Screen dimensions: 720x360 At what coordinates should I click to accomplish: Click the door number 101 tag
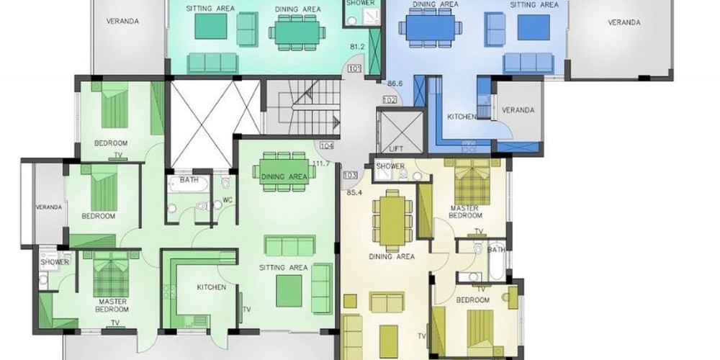354,69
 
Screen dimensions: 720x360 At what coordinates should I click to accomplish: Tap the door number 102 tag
390,99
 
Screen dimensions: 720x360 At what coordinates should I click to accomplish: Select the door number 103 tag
350,175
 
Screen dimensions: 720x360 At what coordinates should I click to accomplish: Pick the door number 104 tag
326,146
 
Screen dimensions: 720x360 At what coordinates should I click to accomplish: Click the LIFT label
396,149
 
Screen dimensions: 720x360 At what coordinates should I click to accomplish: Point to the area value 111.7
322,163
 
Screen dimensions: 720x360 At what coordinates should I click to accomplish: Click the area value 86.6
395,84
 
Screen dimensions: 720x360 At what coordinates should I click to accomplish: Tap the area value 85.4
354,192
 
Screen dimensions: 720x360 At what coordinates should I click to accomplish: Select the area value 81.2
357,47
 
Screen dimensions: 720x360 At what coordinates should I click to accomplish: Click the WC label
228,200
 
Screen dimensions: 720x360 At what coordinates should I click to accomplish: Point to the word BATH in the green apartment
189,180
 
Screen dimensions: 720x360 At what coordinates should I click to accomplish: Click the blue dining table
431,28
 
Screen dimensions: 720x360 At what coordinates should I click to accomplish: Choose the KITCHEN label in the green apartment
212,287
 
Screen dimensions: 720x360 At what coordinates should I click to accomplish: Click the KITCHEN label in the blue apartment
462,117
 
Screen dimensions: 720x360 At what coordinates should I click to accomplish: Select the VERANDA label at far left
49,207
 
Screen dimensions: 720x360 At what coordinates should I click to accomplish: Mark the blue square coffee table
534,27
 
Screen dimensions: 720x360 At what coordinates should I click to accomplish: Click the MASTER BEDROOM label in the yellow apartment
466,212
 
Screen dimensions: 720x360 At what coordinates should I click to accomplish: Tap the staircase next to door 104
304,107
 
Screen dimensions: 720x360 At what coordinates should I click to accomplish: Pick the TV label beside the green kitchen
247,310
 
